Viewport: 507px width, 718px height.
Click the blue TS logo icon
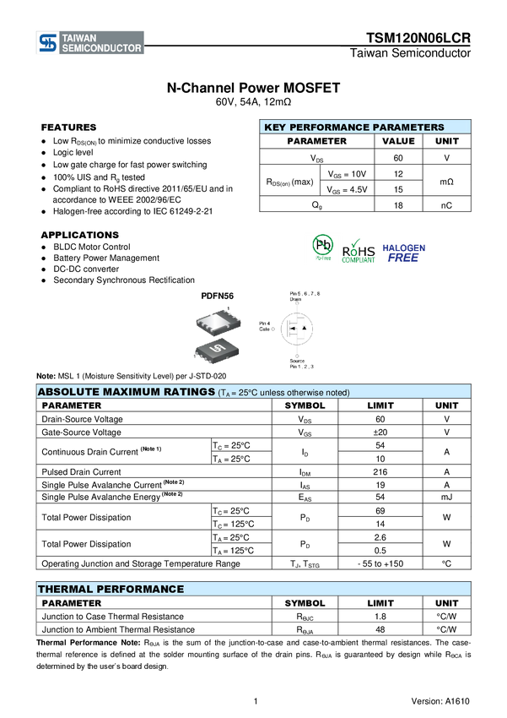coord(48,43)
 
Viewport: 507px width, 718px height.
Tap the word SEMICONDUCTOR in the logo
coord(102,49)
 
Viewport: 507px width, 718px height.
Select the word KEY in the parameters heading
coord(275,128)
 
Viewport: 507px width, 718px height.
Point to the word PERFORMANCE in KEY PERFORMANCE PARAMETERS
coord(328,128)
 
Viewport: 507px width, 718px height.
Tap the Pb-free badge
coord(322,247)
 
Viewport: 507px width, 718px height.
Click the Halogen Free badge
coord(404,253)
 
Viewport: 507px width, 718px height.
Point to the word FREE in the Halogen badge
coord(403,258)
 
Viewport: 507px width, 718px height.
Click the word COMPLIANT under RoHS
coord(359,261)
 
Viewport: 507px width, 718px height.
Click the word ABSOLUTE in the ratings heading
coord(67,392)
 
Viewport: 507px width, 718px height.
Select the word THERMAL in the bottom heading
coord(62,589)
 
